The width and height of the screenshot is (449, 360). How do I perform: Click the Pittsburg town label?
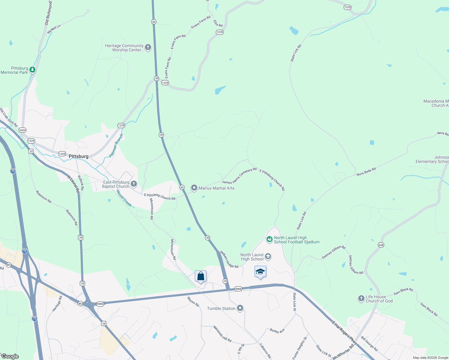[x=79, y=156]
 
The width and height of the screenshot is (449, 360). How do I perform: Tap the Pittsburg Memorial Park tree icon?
[x=32, y=70]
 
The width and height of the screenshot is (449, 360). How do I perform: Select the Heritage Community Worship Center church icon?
[x=148, y=47]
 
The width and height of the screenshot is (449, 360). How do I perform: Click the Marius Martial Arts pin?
[x=194, y=188]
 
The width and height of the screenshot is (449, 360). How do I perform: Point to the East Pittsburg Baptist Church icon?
[x=134, y=184]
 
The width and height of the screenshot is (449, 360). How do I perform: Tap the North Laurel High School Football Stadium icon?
[x=269, y=239]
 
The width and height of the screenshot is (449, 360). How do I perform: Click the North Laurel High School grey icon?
[x=268, y=256]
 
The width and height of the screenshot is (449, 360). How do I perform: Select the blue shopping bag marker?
[x=200, y=276]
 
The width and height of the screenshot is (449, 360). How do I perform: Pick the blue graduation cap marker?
[x=260, y=271]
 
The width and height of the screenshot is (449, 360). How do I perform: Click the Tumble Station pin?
[x=240, y=308]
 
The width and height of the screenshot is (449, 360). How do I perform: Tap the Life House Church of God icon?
[x=361, y=298]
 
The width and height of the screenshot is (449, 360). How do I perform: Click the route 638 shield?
[x=381, y=245]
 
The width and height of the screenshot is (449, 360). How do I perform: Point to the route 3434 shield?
[x=23, y=130]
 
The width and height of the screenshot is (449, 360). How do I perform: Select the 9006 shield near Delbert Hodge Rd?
[x=238, y=289]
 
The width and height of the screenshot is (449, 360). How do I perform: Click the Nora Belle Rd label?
[x=366, y=172]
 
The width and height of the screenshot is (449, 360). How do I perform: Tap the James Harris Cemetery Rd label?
[x=239, y=176]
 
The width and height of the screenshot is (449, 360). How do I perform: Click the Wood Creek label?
[x=124, y=198]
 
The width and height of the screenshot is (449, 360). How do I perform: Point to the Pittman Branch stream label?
[x=116, y=146]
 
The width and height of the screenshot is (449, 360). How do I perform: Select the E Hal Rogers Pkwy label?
[x=345, y=333]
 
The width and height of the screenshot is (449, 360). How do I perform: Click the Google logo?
[x=10, y=356]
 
